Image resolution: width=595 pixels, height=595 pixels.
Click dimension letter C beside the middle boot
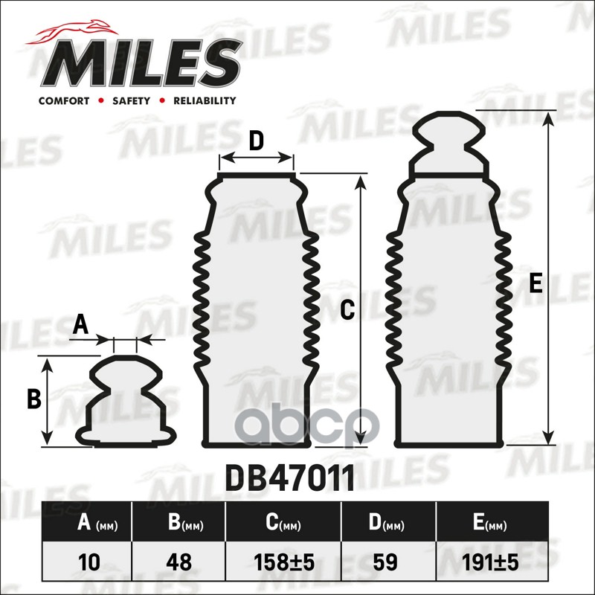[346, 312]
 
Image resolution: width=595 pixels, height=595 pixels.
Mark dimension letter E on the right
[535, 283]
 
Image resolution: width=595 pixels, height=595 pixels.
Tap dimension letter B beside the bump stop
[33, 399]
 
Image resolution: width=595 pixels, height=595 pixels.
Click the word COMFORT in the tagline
[64, 100]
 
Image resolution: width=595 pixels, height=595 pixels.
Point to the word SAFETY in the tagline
[132, 100]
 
